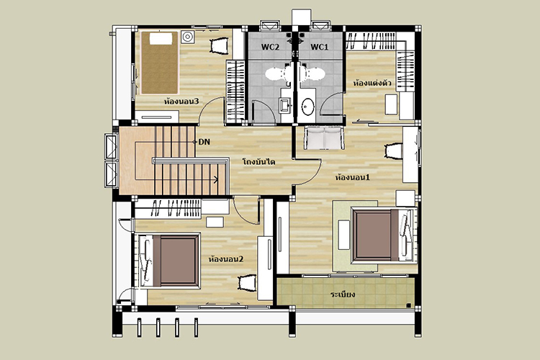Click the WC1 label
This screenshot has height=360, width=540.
(x=319, y=47)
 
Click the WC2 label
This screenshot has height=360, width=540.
(x=270, y=47)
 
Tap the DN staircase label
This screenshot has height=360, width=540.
(x=204, y=142)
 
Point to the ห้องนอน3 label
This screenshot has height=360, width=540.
(x=181, y=102)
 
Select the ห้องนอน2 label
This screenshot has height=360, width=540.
(x=226, y=258)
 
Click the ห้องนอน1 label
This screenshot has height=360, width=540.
(x=352, y=177)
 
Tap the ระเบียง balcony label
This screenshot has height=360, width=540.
(x=342, y=294)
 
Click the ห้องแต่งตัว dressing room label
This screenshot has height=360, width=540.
(x=372, y=83)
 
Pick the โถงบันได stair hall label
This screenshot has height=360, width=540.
(x=258, y=161)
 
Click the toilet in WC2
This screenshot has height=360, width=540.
(x=278, y=73)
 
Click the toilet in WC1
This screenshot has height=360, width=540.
(x=312, y=73)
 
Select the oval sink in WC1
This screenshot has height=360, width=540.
(x=307, y=107)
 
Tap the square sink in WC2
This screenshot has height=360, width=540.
(x=285, y=106)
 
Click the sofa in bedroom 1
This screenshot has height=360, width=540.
(x=324, y=138)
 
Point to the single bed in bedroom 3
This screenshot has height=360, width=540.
(x=159, y=63)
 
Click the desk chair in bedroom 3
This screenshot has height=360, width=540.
(x=219, y=46)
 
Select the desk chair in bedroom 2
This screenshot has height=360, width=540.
(x=248, y=283)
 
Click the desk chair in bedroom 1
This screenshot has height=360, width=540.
(x=394, y=151)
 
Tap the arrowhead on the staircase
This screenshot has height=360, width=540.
(x=216, y=179)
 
